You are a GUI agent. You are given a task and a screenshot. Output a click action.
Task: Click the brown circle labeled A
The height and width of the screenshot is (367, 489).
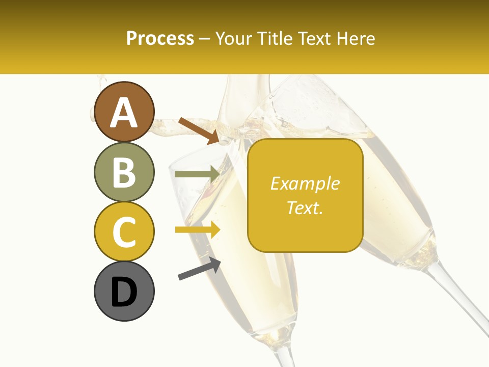124,112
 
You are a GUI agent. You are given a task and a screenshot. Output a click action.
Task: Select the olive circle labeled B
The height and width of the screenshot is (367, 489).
124,172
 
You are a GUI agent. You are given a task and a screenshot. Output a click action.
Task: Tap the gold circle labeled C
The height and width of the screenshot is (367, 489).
124,231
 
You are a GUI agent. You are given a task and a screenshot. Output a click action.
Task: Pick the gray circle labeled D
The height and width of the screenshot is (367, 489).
124,291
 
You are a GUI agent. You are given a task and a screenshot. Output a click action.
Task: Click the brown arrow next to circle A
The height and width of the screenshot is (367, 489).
198,130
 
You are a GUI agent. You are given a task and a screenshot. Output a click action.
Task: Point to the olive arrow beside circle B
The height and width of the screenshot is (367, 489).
197,174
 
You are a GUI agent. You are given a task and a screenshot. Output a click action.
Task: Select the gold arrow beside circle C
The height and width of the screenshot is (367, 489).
197,230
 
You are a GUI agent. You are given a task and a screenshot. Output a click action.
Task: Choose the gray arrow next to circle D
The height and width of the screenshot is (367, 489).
199,269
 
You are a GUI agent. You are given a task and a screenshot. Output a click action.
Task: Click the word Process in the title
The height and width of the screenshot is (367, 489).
160,38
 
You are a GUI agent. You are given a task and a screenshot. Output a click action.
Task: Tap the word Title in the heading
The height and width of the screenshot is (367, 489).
275,38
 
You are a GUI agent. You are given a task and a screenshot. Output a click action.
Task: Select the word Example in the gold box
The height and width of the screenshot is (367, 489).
305,183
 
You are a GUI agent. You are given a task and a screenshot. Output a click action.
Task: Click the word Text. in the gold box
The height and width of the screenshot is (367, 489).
305,207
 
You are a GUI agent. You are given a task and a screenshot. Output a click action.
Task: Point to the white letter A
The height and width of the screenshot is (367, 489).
124,113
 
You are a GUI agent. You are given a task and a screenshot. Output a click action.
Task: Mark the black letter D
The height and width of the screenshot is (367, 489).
124,292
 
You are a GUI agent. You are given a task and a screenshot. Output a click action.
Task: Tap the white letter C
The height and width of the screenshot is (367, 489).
124,232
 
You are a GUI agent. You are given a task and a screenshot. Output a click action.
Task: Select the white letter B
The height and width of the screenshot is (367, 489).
124,172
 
